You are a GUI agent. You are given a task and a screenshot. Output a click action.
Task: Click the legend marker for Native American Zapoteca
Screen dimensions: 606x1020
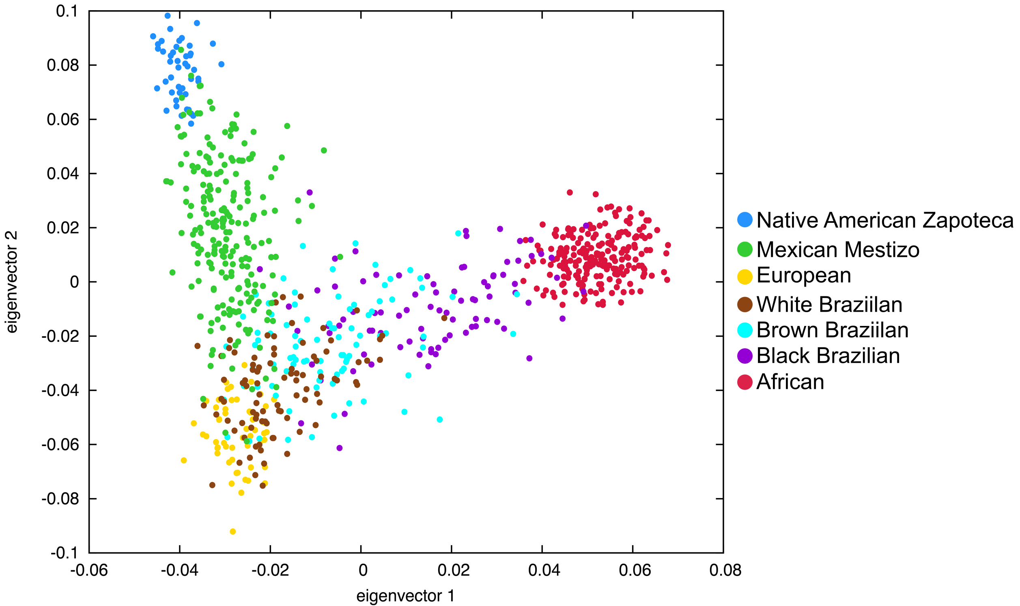(745, 220)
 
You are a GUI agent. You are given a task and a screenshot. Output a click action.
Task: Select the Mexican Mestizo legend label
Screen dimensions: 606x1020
(837, 250)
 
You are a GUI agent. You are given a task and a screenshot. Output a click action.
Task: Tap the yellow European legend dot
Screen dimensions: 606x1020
(745, 276)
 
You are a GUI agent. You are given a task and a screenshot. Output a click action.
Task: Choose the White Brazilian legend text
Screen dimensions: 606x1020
(829, 304)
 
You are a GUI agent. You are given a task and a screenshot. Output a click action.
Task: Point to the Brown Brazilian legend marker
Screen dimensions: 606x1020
(745, 330)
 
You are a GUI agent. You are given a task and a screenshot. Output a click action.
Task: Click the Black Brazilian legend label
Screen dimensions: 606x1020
(828, 356)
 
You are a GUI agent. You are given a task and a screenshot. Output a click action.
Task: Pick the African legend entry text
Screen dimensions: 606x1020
(790, 382)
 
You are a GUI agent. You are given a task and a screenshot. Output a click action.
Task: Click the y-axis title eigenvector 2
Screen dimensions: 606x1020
(11, 282)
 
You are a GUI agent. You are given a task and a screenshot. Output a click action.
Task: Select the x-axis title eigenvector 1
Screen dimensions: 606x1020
(405, 596)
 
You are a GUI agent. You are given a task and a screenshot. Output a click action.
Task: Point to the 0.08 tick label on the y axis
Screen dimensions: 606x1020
(62, 65)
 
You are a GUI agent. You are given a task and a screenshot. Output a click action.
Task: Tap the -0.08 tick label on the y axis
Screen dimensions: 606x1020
(60, 498)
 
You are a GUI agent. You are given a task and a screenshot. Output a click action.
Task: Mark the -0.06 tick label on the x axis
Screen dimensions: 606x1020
(89, 570)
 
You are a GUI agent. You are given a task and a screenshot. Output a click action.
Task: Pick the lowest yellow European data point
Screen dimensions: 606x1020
(232, 531)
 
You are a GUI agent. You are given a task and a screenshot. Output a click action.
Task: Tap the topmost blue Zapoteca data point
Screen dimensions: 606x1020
(167, 15)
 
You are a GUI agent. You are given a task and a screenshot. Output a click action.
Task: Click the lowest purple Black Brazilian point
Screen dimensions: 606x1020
(340, 448)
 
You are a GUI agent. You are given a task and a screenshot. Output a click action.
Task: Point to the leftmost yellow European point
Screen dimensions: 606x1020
(184, 460)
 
